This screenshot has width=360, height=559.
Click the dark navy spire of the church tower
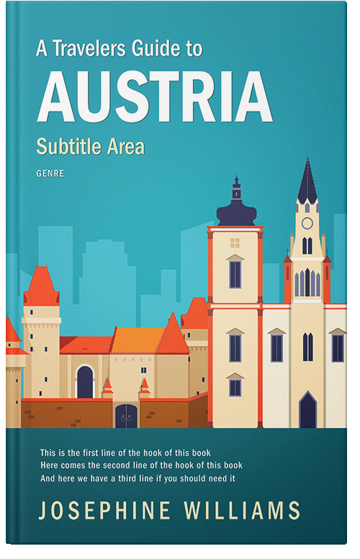point(307,184)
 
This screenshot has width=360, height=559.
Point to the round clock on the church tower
point(307,223)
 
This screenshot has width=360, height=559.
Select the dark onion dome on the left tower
point(236,211)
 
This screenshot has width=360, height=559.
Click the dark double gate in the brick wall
point(126,415)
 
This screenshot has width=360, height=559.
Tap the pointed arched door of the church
point(307,411)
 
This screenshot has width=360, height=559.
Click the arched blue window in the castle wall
point(85,382)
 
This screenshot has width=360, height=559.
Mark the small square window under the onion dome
point(235,243)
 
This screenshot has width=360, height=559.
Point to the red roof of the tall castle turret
point(41,286)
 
